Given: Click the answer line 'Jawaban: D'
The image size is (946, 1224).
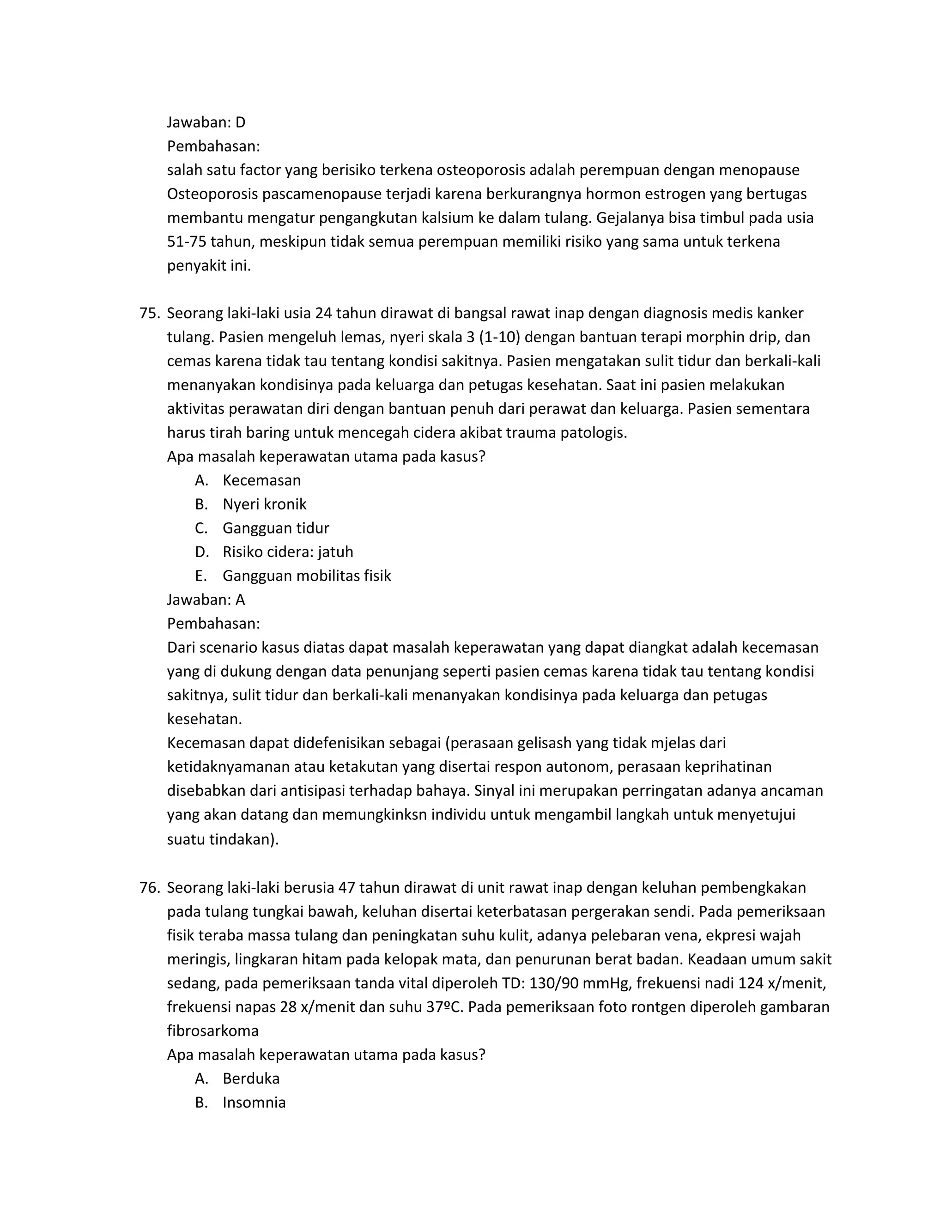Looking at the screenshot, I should (206, 122).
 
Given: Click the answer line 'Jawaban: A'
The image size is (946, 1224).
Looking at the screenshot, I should (206, 600).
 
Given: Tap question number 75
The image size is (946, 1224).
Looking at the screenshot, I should (150, 313).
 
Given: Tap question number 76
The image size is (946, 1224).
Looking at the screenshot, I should (150, 888).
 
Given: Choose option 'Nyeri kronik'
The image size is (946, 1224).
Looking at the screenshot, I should (265, 504).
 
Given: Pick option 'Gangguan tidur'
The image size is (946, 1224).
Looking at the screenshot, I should (276, 528).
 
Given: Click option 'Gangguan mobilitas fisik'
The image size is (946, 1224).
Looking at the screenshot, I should (307, 576).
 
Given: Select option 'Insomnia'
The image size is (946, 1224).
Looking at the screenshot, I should (254, 1103).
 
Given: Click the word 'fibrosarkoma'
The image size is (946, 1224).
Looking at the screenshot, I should (213, 1030).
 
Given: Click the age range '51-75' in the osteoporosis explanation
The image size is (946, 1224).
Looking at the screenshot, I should (187, 242).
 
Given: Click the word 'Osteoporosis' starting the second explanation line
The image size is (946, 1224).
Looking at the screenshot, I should (212, 194).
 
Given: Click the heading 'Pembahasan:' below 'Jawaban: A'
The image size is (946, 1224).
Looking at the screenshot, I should (213, 623).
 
